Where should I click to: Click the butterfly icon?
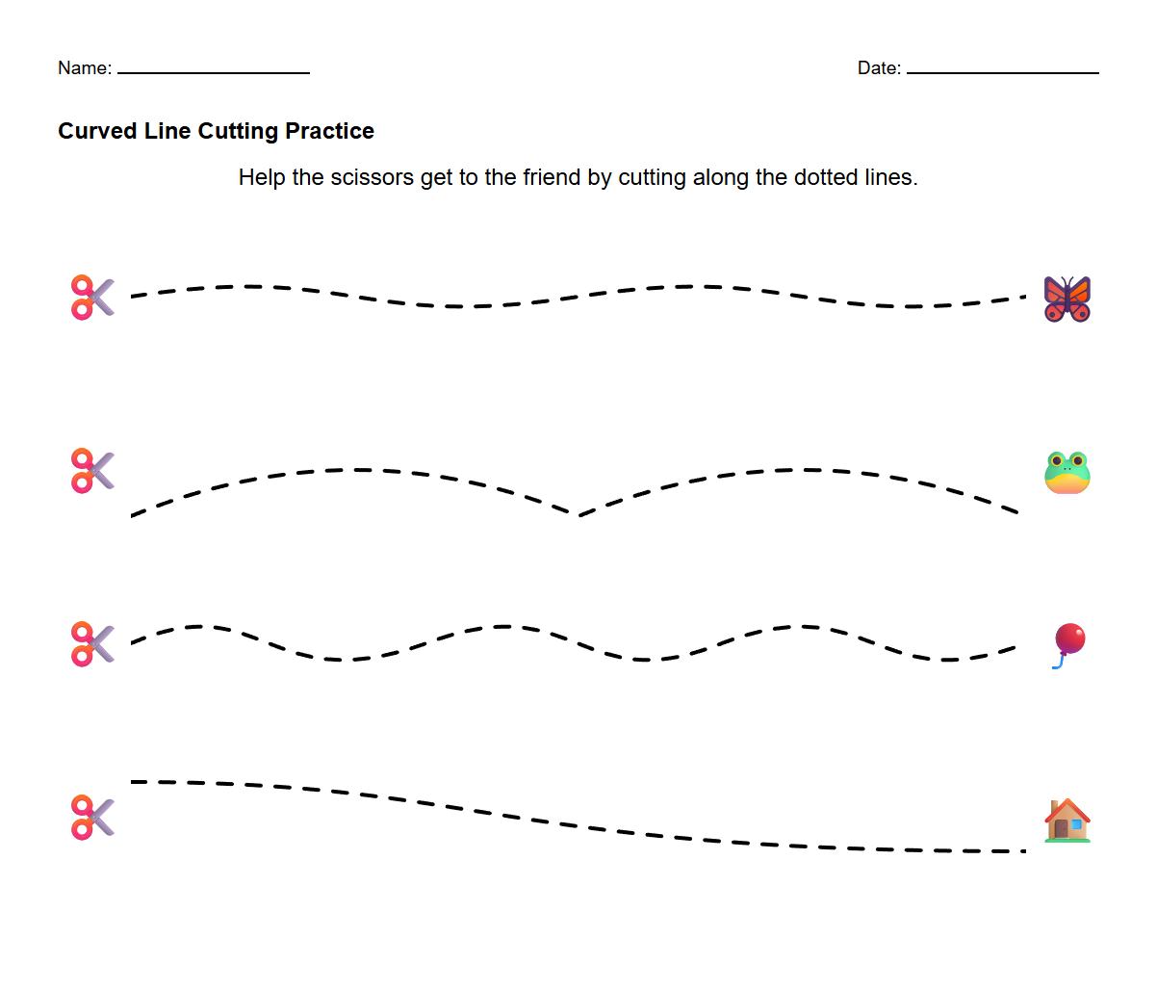1067,299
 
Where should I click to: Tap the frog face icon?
1067,472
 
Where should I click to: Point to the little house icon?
1067,821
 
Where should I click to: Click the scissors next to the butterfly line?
92,298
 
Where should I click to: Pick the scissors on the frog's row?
92,471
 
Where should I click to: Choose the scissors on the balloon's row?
92,644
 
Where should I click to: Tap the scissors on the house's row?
92,818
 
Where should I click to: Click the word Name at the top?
83,68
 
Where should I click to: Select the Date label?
877,68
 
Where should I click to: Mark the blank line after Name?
213,72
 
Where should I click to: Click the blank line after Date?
1002,72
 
